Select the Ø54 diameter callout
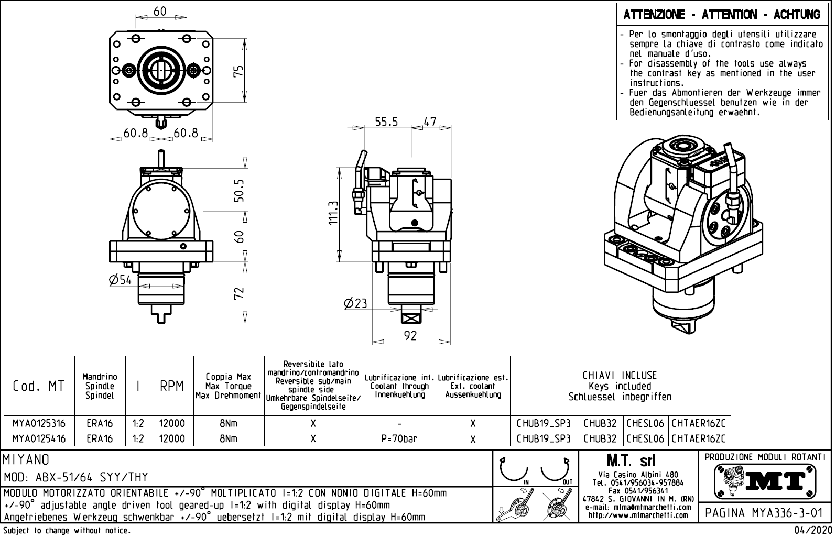point(120,280)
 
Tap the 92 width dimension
point(411,336)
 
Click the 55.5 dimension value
point(386,122)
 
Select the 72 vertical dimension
point(238,293)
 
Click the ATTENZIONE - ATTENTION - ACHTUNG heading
point(722,15)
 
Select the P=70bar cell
point(399,438)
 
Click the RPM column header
point(172,386)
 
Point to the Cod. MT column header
point(39,386)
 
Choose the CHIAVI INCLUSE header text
point(620,376)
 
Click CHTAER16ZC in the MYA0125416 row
point(699,438)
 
